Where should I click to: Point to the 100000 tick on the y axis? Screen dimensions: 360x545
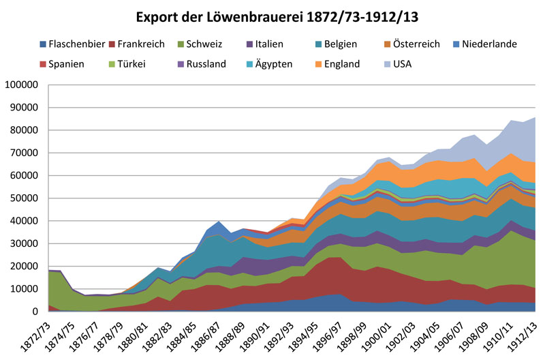[22, 85]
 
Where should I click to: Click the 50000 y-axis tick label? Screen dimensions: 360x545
[25, 198]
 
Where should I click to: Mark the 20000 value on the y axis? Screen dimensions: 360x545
[25, 267]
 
